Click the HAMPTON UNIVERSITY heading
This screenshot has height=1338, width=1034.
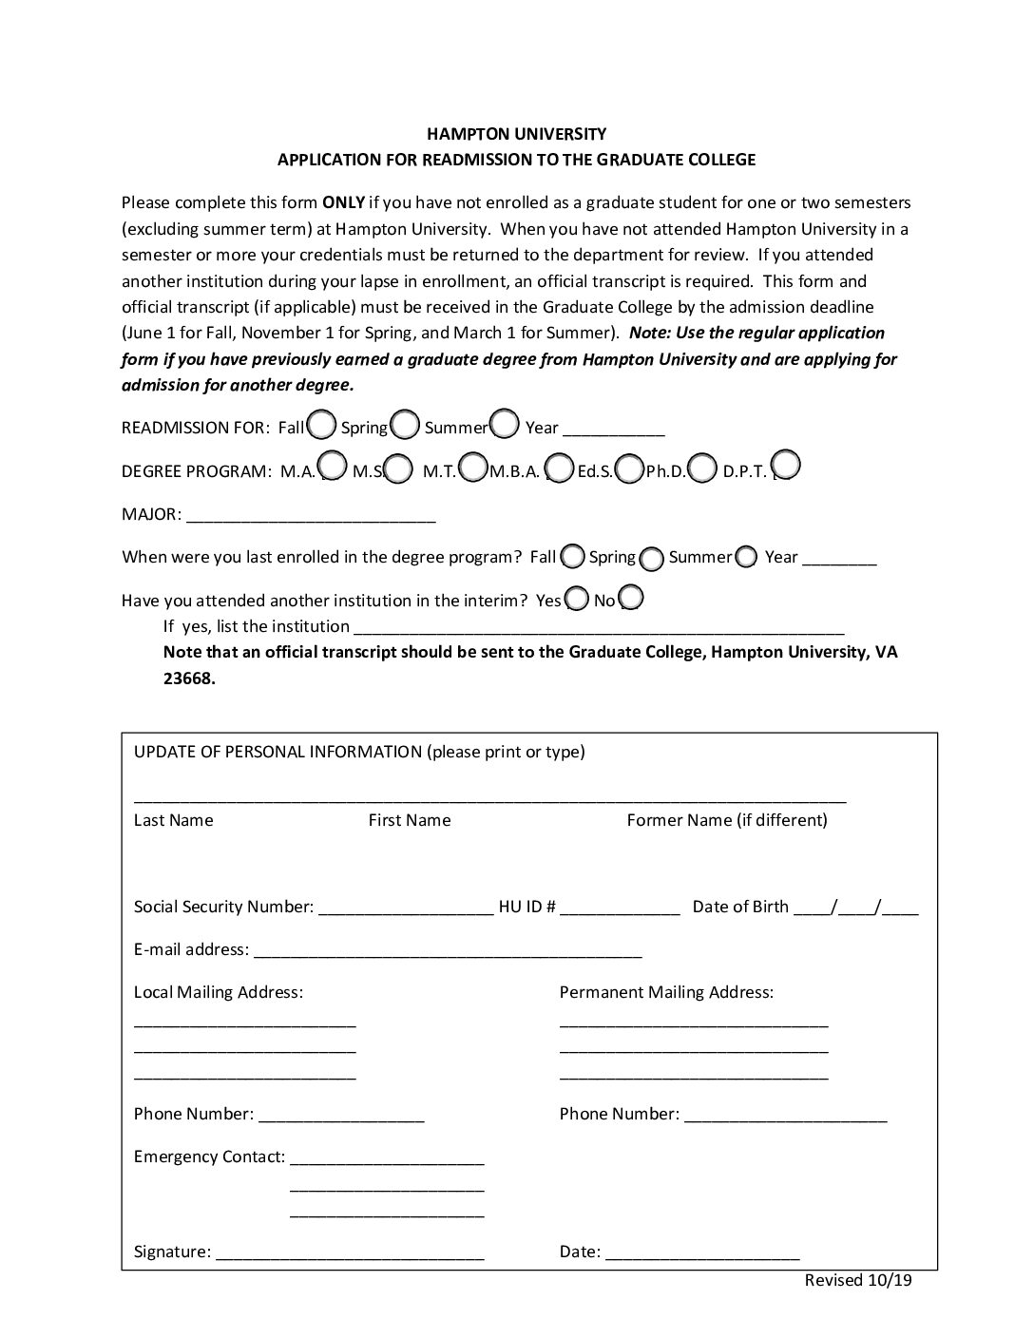pos(516,134)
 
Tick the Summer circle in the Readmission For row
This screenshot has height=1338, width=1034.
pos(504,423)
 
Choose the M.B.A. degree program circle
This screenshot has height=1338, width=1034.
pos(561,468)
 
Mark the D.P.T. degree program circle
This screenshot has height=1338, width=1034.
pos(786,465)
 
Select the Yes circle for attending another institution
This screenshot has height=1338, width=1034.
pos(576,599)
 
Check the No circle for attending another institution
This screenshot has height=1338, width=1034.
pos(631,598)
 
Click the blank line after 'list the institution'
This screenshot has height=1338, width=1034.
pos(598,628)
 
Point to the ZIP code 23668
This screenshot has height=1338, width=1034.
pos(189,679)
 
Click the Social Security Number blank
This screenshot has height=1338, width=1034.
pos(406,908)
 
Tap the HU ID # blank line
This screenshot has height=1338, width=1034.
pos(620,908)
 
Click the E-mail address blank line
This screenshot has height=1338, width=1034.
pos(448,951)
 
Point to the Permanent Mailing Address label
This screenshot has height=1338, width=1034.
pos(666,992)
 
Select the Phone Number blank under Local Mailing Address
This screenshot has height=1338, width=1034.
pos(341,1116)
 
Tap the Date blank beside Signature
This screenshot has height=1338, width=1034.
pos(702,1253)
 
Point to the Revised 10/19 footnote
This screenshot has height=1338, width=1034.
pos(858,1280)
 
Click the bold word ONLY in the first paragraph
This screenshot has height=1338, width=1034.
pos(343,202)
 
